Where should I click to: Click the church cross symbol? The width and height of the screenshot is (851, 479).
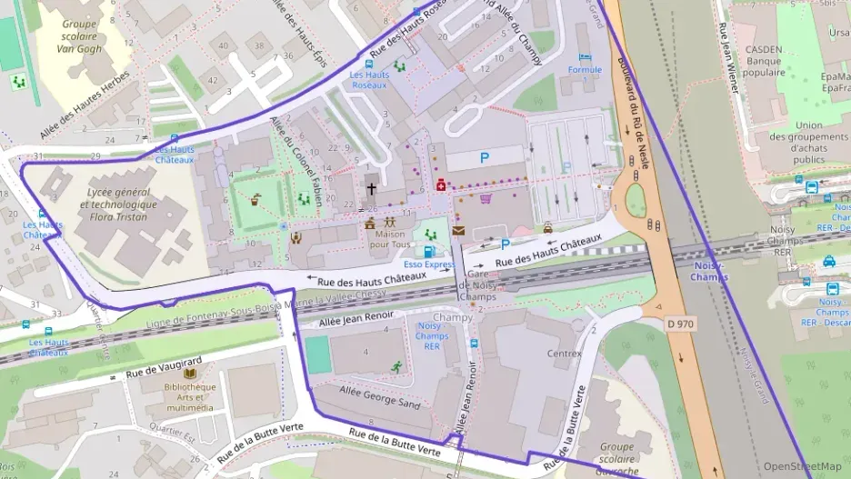coord(371,190)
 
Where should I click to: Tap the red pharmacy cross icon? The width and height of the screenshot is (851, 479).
coord(442,185)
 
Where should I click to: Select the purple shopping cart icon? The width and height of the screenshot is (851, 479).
coord(486,198)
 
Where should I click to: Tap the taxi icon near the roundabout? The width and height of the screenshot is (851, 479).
coord(547,228)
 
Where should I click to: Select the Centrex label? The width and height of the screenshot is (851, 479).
coord(564,353)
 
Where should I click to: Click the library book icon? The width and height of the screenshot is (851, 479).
coord(190,374)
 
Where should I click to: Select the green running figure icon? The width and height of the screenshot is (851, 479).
coord(396,365)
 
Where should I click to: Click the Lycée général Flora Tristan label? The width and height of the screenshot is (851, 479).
coord(120,205)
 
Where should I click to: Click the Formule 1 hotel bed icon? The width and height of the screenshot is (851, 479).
coord(585,57)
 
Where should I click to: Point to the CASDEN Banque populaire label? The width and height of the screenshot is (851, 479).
coord(765,61)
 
